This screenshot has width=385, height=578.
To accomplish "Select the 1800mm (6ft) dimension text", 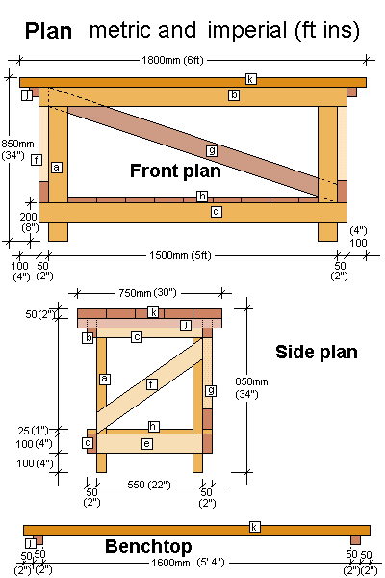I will (x=192, y=60).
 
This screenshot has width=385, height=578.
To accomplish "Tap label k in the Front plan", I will (x=251, y=79).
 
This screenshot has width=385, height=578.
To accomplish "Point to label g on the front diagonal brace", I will (x=211, y=150).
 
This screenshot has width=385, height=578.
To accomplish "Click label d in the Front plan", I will (x=217, y=211).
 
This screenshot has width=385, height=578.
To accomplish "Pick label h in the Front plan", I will (x=202, y=197).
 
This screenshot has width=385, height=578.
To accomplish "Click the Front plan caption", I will (x=175, y=171).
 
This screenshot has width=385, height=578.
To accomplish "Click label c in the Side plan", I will (x=137, y=337).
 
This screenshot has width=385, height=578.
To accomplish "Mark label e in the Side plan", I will (x=146, y=443).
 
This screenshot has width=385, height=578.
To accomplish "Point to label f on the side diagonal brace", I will (x=151, y=383).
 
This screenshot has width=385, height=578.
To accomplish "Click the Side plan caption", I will (x=317, y=352).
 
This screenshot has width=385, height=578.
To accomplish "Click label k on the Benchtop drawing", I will (x=254, y=527).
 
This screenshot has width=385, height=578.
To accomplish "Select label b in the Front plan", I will (x=234, y=95).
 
